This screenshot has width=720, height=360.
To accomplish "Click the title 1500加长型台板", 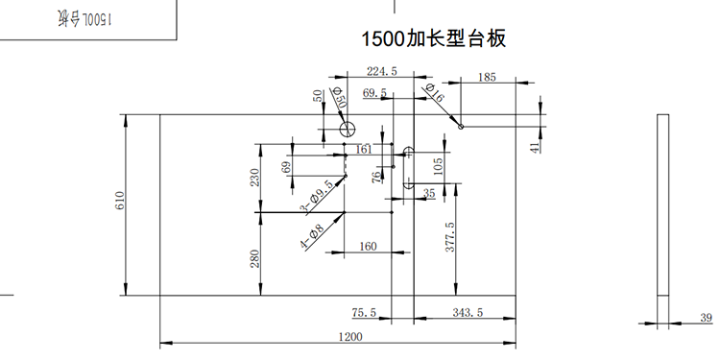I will pos(433,39).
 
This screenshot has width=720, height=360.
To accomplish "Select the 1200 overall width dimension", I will pos(351,336).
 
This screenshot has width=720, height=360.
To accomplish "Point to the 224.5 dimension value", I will pos(382,70).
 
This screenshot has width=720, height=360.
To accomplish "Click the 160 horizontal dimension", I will pos(368,246).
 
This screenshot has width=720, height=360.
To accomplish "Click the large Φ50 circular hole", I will pos(348,128).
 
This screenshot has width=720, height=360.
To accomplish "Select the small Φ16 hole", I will pos(461,125).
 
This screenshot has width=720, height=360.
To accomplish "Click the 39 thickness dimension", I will pos(707,318).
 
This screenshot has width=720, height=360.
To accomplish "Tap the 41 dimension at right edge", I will pos(535,146).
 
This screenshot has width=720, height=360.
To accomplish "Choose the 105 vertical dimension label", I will pos(439,167).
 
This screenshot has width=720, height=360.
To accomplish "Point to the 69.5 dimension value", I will pos(374,93).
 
